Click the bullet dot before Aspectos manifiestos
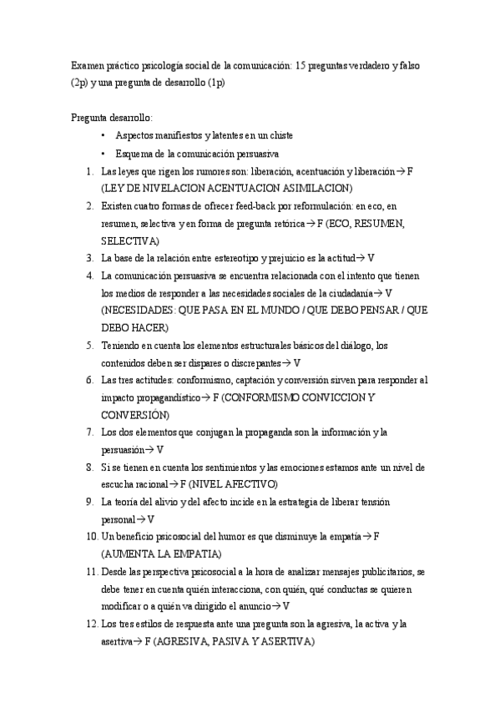coord(103,135)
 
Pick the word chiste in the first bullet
coord(277,135)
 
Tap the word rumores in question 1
coord(220,170)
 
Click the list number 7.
coord(89,432)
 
